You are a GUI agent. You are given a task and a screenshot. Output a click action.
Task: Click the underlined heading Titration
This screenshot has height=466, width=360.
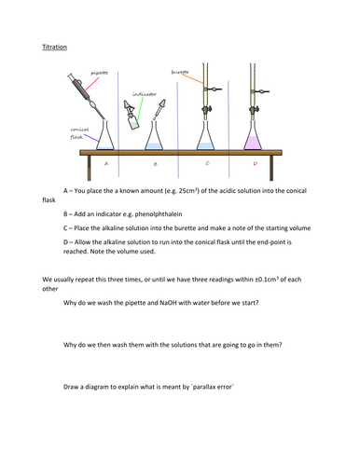point(55,47)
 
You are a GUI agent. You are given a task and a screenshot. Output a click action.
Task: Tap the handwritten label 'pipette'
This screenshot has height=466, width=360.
point(99,73)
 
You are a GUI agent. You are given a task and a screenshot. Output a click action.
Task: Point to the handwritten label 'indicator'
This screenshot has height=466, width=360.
point(145,94)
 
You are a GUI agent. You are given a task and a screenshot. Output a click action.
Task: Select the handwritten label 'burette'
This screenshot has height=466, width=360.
point(180,73)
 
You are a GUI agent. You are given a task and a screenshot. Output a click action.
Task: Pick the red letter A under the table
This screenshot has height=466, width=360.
point(106,163)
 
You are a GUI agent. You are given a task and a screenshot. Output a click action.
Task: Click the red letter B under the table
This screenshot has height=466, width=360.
point(156,164)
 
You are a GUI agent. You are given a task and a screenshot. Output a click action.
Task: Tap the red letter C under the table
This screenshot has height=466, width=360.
point(208,163)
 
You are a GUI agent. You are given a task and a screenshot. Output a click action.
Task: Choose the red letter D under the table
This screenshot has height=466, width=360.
point(256,163)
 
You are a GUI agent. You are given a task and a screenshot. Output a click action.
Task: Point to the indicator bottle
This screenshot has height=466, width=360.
point(132,116)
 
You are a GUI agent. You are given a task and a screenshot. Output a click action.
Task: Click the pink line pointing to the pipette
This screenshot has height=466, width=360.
point(92,84)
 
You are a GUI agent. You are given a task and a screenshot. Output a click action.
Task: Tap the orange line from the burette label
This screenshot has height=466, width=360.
point(193,79)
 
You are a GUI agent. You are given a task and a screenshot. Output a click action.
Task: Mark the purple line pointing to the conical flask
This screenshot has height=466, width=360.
point(91,138)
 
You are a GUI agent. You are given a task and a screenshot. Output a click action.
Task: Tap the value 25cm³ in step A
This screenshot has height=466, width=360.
point(188,190)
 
